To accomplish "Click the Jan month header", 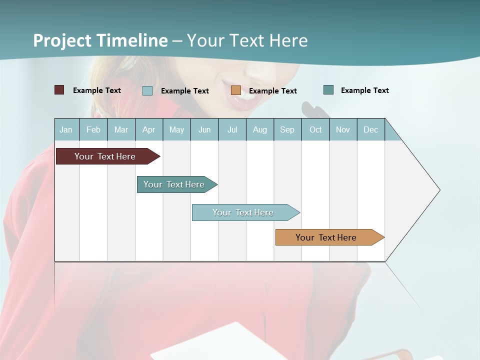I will coord(66,129).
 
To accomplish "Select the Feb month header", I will coord(93,129).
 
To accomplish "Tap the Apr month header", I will coord(148,129).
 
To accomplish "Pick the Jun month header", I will coord(204,129).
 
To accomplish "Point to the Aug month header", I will coord(259,129).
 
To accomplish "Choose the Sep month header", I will coord(287,129).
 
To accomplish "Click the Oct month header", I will coord(315,129).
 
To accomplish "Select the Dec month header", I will coord(370,129).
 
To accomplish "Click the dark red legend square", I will coord(59,90).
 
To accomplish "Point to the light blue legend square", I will coord(147,90).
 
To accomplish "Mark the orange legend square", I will coord(236,90).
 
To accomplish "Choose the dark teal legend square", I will coord(328,90).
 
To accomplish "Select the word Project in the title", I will coord(62,40).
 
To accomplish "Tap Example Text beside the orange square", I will coord(272,91).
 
